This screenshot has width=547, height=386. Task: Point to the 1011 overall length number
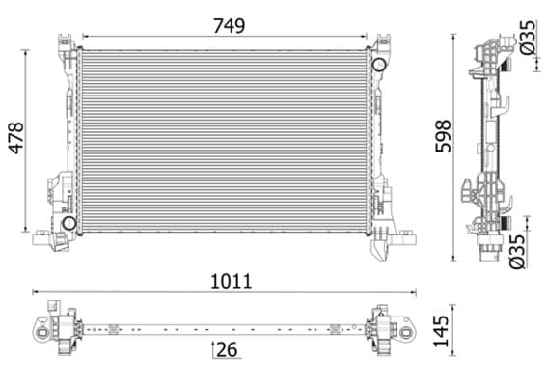229,281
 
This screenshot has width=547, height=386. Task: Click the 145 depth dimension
440,328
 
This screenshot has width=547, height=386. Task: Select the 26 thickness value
229,348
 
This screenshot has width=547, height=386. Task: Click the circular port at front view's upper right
378,65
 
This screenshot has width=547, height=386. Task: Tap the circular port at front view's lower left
69,223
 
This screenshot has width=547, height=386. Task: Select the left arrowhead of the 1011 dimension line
36,291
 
